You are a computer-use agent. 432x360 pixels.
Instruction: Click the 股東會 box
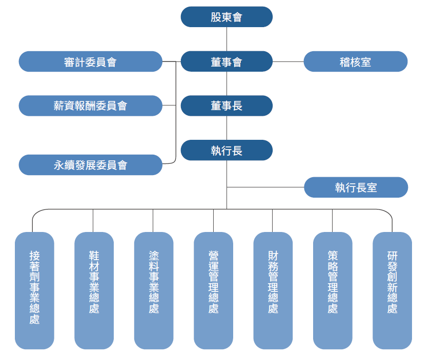[x=227, y=17]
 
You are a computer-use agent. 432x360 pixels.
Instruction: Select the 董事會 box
[x=227, y=61]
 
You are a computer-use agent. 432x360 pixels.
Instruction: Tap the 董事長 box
[x=227, y=106]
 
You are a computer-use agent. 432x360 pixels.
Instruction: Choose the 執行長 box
[x=227, y=151]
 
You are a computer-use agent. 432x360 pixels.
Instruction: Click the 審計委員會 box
[x=91, y=61]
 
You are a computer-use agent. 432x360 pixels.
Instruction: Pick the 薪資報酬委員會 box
[x=91, y=106]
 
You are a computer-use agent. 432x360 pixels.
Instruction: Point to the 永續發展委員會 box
[x=91, y=165]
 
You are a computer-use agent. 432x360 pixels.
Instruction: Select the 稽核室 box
[x=356, y=61]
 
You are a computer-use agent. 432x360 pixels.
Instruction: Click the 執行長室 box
[x=356, y=187]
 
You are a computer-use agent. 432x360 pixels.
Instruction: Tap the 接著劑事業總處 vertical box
[x=35, y=290]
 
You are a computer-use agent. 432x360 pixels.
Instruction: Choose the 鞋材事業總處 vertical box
[x=94, y=290]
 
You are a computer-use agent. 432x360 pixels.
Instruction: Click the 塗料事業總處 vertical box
[x=154, y=290]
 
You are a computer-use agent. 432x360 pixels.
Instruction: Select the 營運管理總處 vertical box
[x=214, y=290]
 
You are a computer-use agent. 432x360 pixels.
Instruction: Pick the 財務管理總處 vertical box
[x=273, y=290]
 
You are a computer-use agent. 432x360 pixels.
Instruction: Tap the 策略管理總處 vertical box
[x=333, y=290]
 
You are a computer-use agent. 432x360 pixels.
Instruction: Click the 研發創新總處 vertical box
[x=393, y=290]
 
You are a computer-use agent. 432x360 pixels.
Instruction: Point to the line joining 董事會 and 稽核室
[x=288, y=61]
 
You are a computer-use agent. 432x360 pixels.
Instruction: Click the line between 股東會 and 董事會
[x=227, y=39]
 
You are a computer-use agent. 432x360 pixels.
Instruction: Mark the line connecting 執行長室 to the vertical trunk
[x=265, y=187]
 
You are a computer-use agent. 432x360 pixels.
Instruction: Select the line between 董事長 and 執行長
[x=227, y=128]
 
